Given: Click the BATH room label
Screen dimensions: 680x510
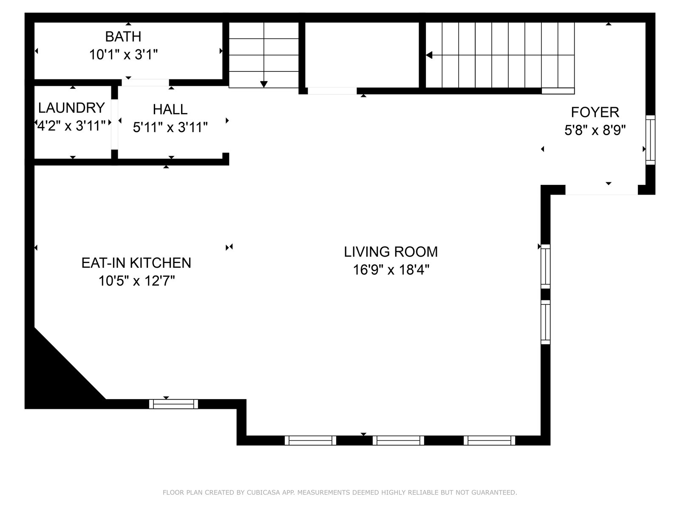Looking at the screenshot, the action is point(123,37).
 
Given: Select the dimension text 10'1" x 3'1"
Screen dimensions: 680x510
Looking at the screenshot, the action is point(124,55).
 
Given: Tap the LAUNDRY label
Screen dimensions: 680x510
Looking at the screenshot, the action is point(71,108).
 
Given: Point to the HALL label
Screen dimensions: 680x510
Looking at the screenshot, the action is point(170,109).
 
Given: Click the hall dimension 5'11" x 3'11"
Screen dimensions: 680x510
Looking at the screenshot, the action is point(170,127).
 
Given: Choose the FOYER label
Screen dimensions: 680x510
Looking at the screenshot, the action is point(595,112).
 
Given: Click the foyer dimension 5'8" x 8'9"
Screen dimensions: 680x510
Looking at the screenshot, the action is point(595,130).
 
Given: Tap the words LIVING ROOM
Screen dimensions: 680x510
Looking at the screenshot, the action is point(391,252).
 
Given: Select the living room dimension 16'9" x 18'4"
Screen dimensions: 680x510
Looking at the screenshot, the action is point(391,270).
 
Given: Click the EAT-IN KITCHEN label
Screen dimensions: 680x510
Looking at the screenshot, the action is point(136,263).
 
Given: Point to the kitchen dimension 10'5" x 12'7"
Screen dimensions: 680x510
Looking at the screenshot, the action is point(136,281).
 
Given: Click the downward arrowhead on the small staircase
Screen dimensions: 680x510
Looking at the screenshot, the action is point(263,84).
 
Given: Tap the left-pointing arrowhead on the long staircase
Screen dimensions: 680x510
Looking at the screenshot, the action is point(429,55).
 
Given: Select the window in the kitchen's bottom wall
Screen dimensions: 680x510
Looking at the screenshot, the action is point(173,404).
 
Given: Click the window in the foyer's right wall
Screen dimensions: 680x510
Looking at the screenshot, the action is point(651,140).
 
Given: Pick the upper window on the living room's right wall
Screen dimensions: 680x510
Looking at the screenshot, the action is point(546,266).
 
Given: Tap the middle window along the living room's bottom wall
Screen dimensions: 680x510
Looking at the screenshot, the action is point(398,440).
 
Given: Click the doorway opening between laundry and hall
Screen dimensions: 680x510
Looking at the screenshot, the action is point(115,125).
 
